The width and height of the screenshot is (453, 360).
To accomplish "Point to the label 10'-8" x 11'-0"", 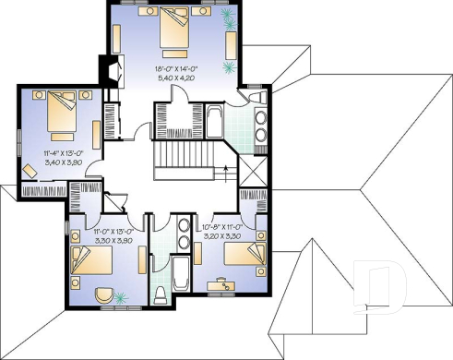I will pyautogui.click(x=221, y=226).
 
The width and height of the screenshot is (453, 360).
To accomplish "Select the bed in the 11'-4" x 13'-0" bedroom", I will pyautogui.click(x=56, y=113).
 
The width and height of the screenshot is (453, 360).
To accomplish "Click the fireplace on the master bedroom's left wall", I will pyautogui.click(x=111, y=71).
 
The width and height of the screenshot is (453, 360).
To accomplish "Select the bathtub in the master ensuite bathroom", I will pyautogui.click(x=211, y=121).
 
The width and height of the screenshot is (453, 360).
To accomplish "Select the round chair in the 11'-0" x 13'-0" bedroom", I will pyautogui.click(x=111, y=296).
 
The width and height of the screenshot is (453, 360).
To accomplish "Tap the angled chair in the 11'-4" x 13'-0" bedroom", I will pyautogui.click(x=30, y=167).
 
